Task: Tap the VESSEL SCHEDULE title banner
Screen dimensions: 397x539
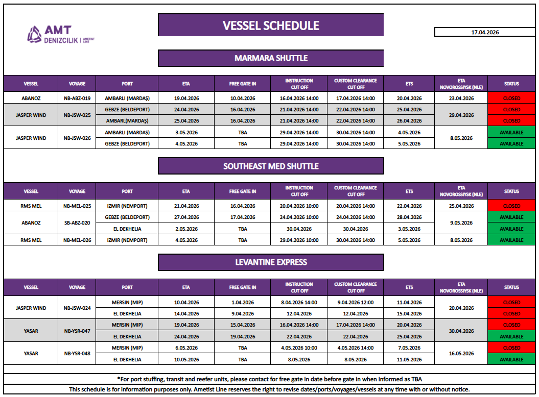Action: point(271,26)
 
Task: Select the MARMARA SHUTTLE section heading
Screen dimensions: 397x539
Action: point(271,58)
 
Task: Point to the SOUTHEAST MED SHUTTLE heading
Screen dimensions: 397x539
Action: point(271,166)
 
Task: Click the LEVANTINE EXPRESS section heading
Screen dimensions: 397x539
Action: point(271,262)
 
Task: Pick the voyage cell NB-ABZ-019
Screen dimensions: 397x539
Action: point(77,98)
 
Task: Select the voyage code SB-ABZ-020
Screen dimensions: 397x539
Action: point(77,223)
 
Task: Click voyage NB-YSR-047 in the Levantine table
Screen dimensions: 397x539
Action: point(77,331)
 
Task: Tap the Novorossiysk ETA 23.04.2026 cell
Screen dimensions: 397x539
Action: point(462,98)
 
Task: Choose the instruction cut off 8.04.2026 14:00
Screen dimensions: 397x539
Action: point(299,303)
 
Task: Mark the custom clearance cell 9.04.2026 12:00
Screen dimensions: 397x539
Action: point(356,303)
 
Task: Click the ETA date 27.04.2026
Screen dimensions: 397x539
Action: point(186,217)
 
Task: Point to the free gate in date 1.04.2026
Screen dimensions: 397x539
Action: point(243,303)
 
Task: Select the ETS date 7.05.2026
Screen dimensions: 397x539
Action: point(409,348)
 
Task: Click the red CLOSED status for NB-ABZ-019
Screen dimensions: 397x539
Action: point(511,98)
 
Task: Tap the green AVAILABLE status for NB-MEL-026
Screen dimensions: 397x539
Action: point(511,240)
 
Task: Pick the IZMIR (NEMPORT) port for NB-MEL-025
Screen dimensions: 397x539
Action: point(127,206)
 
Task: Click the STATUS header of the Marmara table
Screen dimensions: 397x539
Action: point(511,84)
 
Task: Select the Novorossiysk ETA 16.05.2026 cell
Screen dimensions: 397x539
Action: point(462,354)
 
